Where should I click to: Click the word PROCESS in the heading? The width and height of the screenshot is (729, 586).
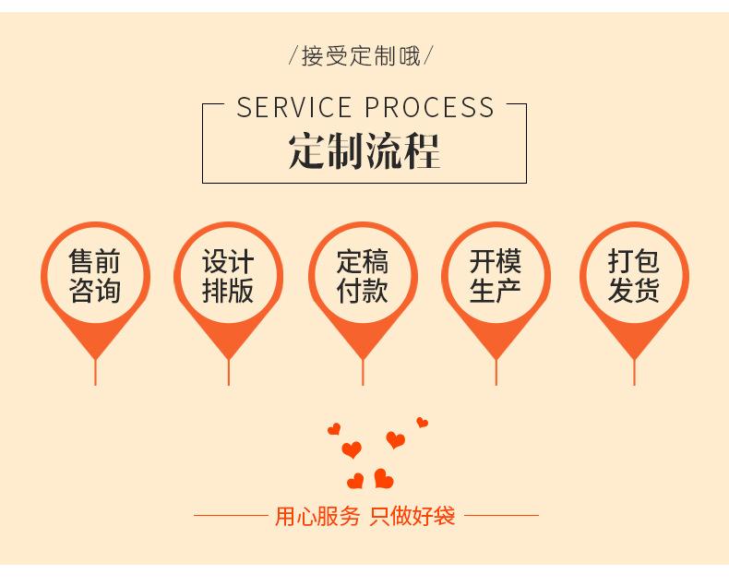[x=431, y=108]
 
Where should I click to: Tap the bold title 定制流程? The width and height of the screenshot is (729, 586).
[x=364, y=151]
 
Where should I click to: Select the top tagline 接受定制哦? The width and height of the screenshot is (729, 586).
[x=364, y=57]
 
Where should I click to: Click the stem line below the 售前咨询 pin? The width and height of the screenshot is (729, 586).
[x=95, y=371]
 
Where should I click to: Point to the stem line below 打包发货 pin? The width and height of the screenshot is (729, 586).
[x=633, y=371]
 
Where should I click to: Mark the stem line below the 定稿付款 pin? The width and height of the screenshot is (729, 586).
[x=363, y=371]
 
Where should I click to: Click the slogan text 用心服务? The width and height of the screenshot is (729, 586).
[x=317, y=516]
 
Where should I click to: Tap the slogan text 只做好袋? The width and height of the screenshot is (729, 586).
[x=412, y=516]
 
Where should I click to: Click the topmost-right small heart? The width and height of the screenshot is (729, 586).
[x=422, y=423]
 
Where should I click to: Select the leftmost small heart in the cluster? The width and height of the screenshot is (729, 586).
[x=334, y=429]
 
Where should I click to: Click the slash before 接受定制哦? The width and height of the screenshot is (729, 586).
[x=293, y=57]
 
